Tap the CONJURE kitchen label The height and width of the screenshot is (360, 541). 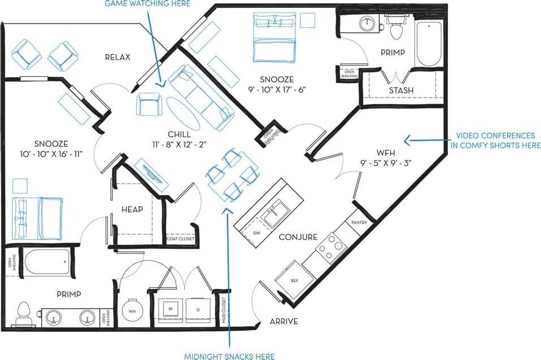(298, 237)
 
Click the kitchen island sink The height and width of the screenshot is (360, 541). (273, 212)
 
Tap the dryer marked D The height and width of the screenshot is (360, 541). (198, 309)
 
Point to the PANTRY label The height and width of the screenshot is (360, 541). (359, 222)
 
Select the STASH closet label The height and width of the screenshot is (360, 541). (401, 90)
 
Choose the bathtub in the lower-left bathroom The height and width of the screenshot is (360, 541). (46, 262)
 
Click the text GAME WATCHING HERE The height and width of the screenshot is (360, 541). (147, 4)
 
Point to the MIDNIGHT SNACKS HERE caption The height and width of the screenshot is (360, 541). (229, 355)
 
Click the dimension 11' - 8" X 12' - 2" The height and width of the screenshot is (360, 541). (179, 144)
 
